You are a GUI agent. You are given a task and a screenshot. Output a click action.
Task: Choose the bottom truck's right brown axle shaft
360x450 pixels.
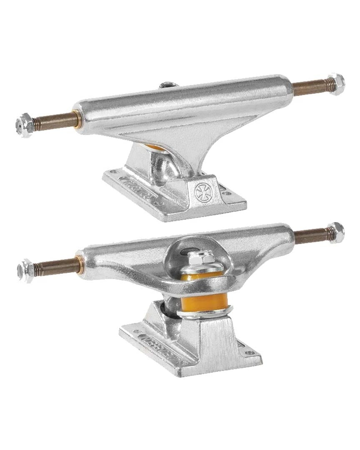click(x=310, y=236)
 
